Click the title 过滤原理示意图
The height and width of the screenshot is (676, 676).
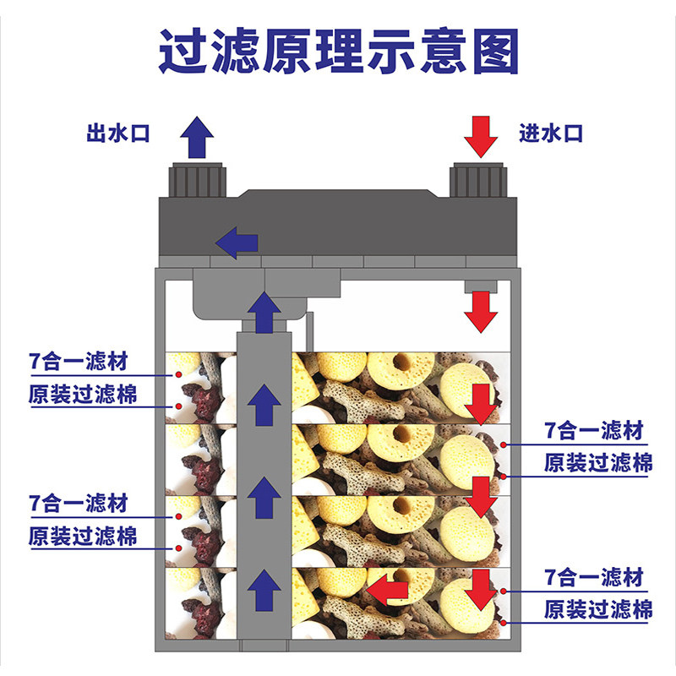click(338, 52)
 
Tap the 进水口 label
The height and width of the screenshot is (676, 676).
click(551, 134)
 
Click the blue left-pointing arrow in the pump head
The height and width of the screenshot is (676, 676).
click(237, 243)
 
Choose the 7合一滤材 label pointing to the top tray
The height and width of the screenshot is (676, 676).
click(78, 363)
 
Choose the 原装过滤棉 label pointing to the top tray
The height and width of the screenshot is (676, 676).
click(82, 395)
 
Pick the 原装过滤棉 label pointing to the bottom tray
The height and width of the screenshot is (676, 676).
click(597, 609)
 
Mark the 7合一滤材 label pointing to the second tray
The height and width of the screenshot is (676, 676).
click(595, 431)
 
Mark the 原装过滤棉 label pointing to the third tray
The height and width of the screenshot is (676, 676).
click(82, 536)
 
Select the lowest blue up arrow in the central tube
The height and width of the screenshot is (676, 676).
click(266, 589)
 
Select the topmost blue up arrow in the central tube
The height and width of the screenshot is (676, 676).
click(266, 309)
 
